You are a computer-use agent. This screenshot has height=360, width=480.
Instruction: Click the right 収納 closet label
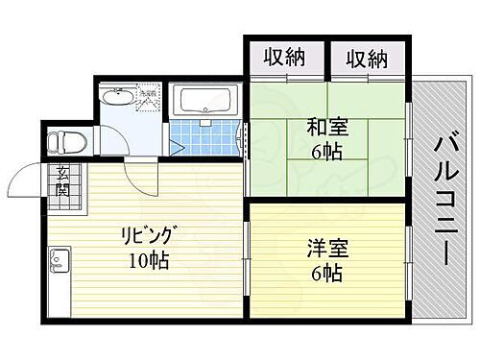pyautogui.click(x=368, y=59)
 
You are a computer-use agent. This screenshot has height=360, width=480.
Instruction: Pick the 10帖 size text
pyautogui.click(x=148, y=259)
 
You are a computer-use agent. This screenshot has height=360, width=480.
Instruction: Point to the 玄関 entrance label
pyautogui.click(x=61, y=180)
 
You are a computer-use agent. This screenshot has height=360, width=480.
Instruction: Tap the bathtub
pyautogui.click(x=204, y=100)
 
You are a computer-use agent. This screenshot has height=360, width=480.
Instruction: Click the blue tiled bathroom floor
pyautogui.click(x=204, y=136)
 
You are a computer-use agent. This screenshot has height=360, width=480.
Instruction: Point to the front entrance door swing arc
pyautogui.click(x=25, y=179)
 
